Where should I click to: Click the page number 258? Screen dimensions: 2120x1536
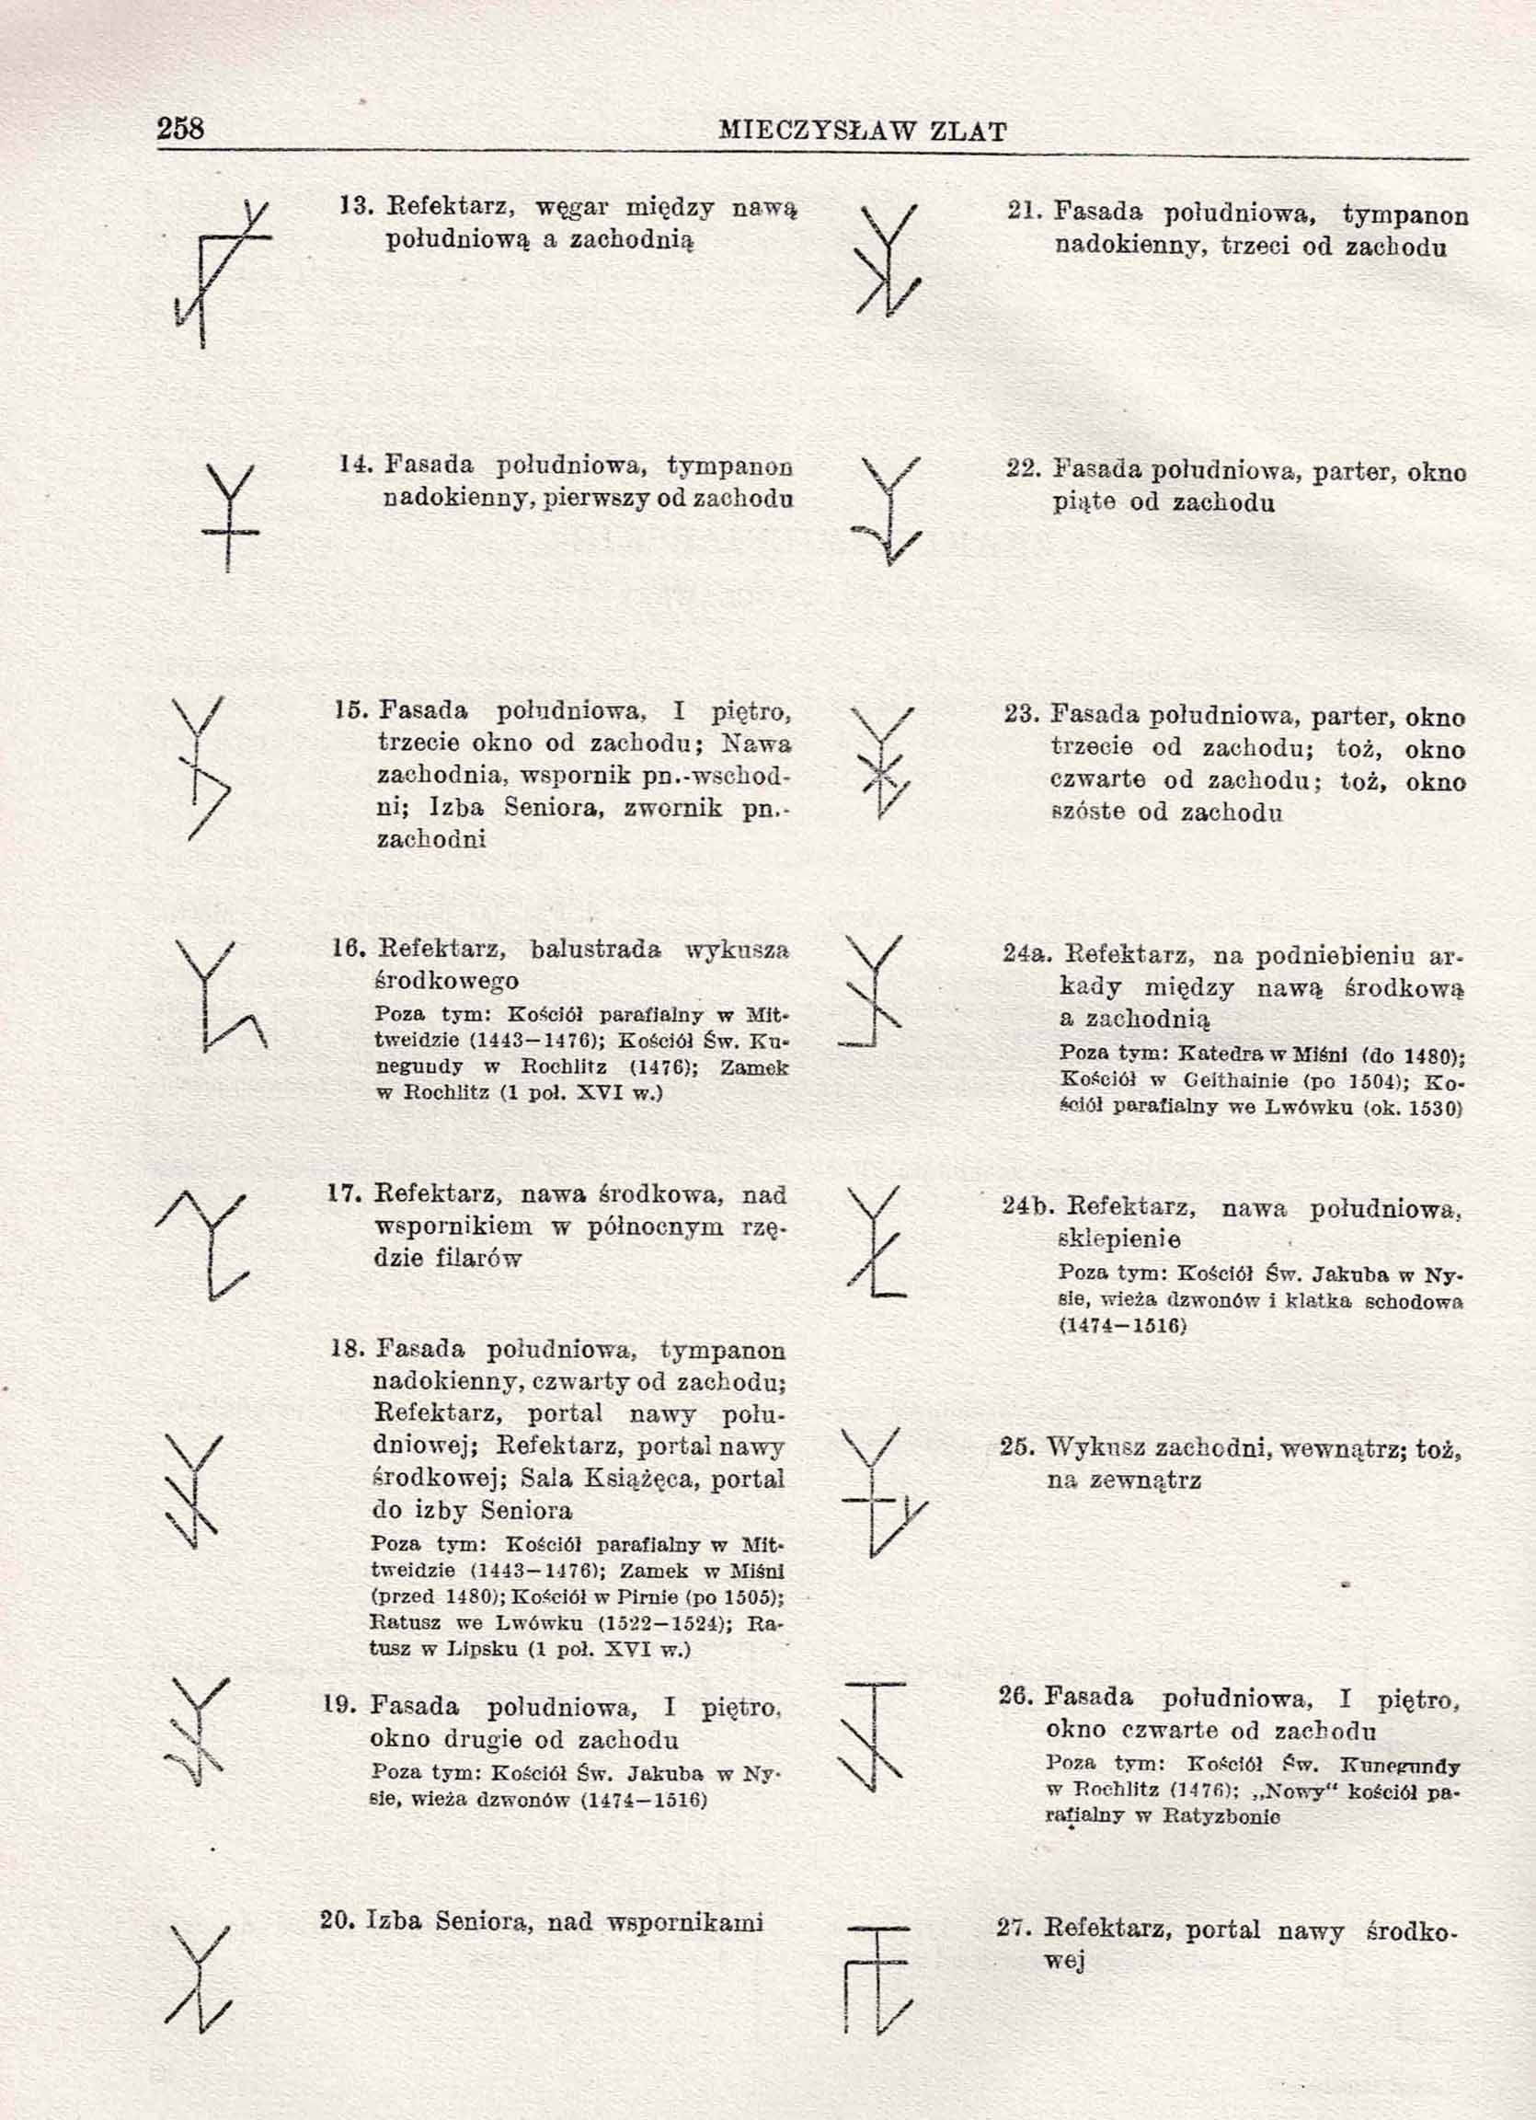pyautogui.click(x=180, y=128)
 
